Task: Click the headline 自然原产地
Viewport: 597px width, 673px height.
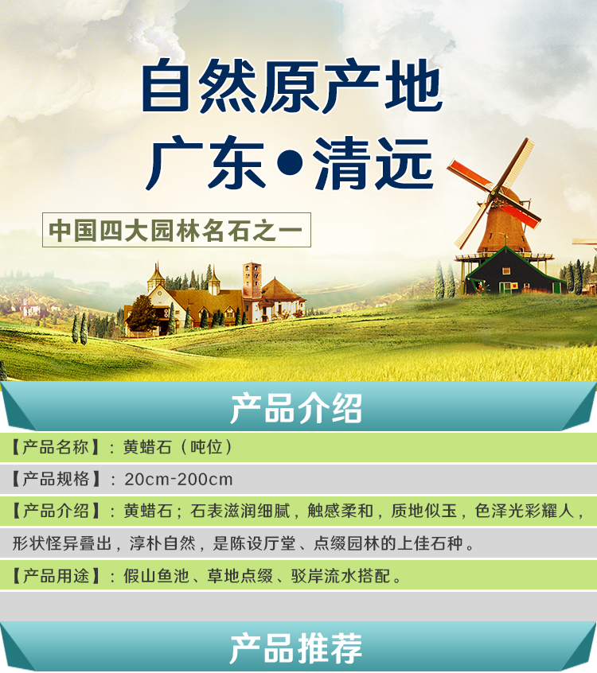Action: pos(292,86)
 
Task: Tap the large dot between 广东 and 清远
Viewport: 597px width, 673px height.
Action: pos(291,162)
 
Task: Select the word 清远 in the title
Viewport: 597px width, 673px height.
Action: pos(373,163)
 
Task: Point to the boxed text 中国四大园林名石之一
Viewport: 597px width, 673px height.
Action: pos(176,231)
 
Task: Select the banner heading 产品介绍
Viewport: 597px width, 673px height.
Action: pos(296,408)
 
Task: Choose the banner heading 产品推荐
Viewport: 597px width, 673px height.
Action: pos(296,648)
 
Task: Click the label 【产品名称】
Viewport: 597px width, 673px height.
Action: pos(55,447)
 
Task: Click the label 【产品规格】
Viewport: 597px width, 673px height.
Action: pos(55,479)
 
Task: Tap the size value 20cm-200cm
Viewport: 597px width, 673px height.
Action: pos(178,480)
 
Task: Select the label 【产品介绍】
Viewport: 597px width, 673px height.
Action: pos(55,511)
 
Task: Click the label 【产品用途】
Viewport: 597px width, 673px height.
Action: pos(55,576)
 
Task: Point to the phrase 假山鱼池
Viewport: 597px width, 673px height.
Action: pos(156,576)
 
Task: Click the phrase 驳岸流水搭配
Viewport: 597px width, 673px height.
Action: pos(341,576)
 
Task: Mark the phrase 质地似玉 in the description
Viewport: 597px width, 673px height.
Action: pos(423,511)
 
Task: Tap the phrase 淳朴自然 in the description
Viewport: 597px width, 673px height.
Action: pos(162,543)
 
